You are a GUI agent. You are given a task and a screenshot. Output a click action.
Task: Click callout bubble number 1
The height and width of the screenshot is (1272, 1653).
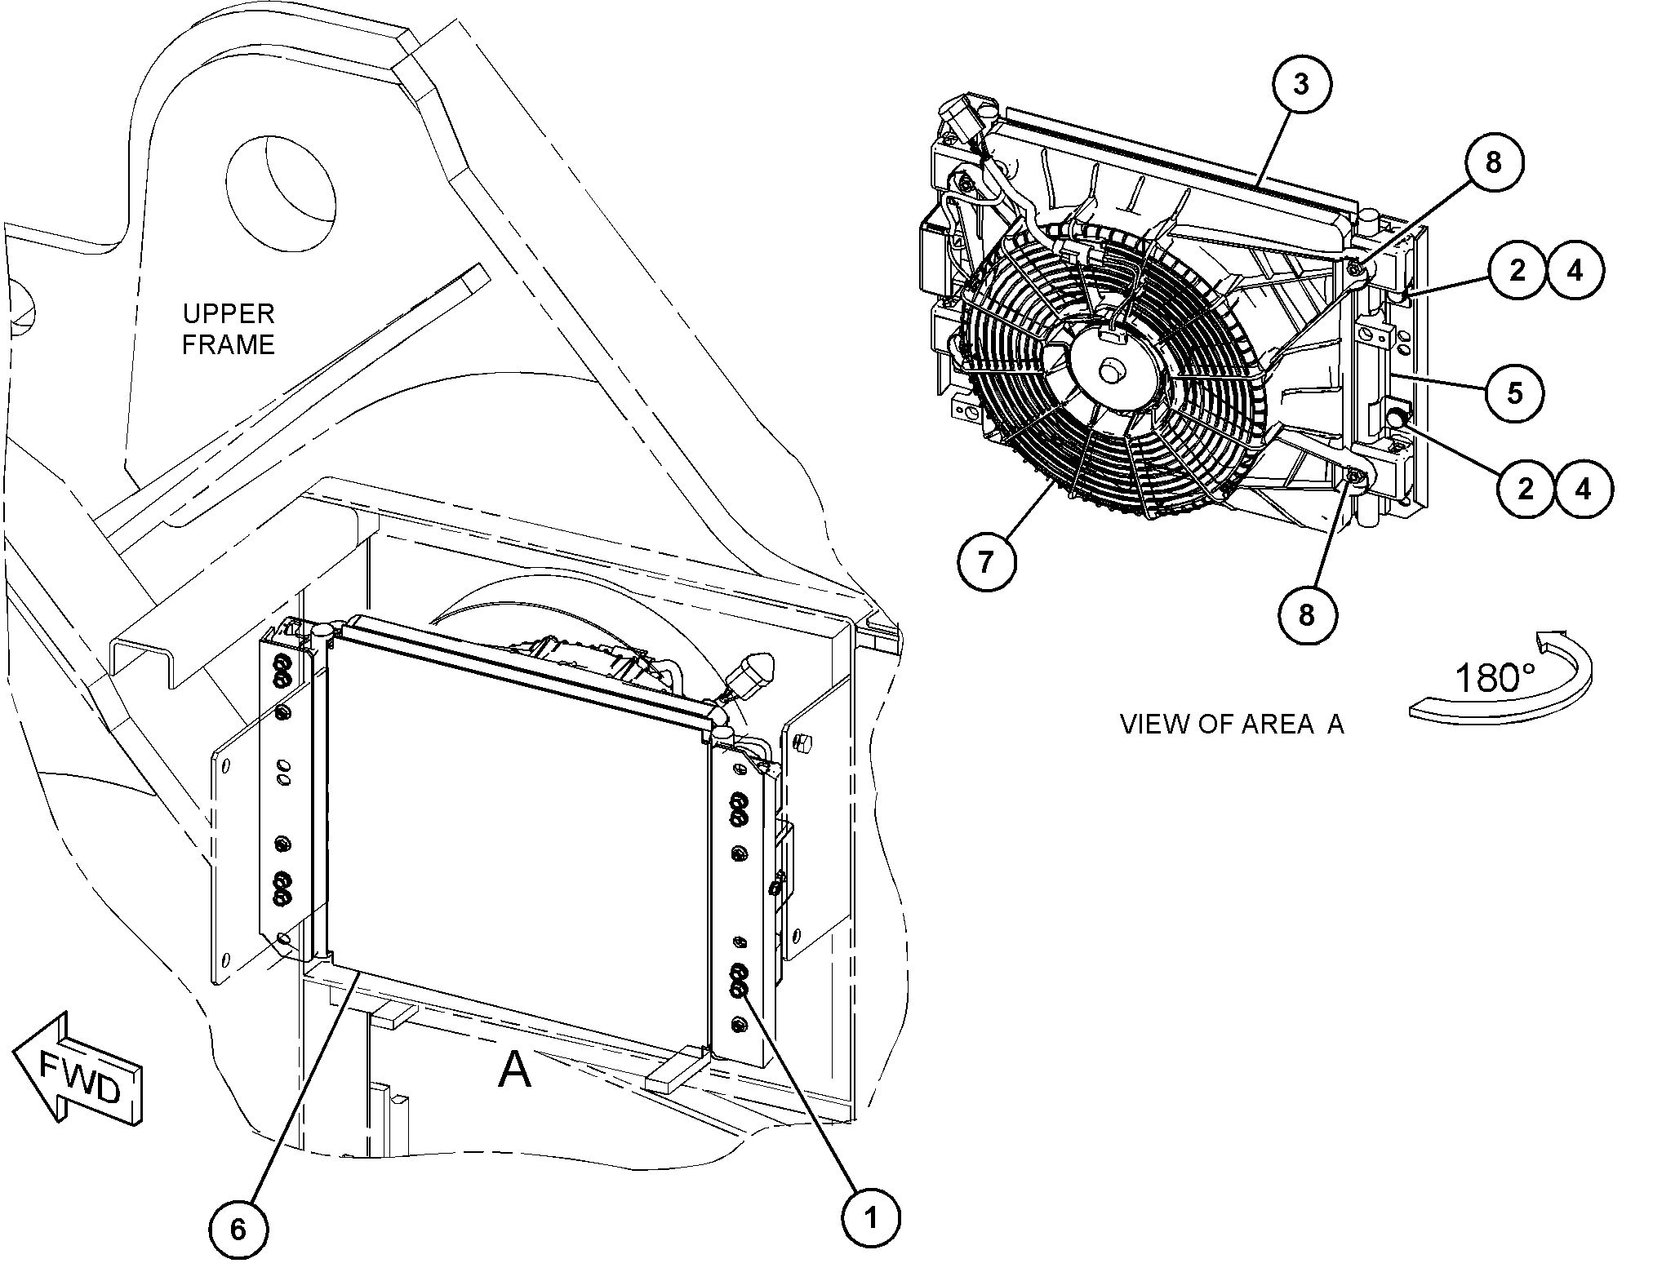870,1219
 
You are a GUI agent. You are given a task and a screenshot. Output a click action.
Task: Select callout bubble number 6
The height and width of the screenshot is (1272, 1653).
238,1229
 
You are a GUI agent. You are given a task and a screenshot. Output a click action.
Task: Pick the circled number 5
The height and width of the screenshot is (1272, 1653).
1515,393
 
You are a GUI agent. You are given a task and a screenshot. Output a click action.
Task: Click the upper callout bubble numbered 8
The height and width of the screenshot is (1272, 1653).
1493,162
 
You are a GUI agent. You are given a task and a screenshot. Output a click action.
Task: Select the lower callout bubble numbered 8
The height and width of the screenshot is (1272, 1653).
1307,614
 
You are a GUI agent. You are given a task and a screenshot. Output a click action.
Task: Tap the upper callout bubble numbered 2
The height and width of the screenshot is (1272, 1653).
1517,270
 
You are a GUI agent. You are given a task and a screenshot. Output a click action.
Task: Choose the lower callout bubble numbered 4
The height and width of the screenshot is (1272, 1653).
1584,489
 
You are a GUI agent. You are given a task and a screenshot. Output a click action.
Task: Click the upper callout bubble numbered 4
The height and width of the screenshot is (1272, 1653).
1575,270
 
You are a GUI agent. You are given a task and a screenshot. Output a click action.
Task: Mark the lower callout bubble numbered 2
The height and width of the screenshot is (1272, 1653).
1526,489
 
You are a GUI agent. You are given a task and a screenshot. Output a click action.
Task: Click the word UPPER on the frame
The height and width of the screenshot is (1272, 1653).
228,313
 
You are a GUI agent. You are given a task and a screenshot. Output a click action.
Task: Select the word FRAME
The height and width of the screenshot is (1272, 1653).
228,345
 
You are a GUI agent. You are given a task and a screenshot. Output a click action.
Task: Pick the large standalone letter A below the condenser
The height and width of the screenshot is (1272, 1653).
514,1070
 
